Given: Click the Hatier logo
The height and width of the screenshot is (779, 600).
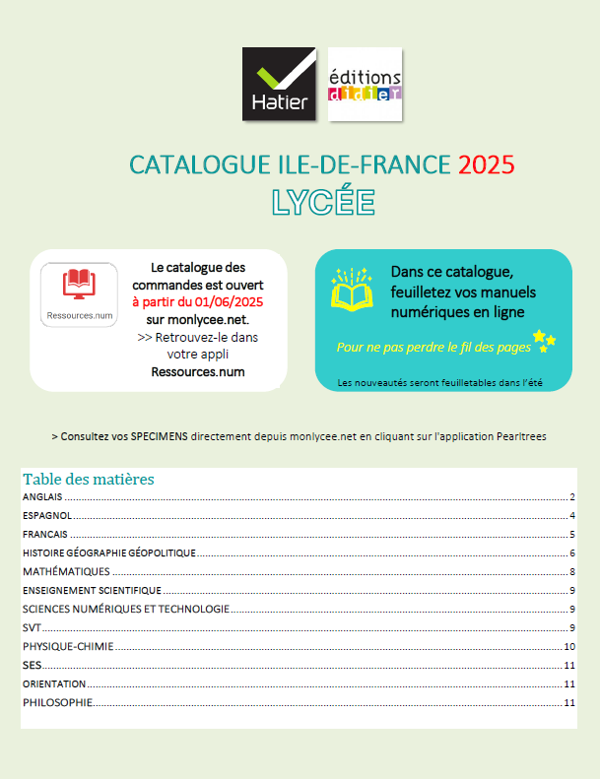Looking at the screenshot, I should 279,85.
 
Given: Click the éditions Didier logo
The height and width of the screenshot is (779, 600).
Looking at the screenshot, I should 365,85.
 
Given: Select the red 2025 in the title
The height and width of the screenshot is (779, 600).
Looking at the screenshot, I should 486,163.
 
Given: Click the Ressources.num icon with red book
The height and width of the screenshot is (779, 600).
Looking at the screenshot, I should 80,293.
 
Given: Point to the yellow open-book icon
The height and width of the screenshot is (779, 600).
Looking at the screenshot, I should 350,292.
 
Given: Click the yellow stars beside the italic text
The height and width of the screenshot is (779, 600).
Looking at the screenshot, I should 544,339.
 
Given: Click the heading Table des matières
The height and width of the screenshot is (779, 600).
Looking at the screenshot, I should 89,480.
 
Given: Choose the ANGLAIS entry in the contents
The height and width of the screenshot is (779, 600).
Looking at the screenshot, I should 43,497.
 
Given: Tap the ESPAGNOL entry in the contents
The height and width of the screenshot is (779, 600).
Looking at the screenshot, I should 44,516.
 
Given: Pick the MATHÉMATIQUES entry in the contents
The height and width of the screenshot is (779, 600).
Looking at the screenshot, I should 66,571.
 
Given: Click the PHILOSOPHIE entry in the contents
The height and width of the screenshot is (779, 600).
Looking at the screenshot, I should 57,702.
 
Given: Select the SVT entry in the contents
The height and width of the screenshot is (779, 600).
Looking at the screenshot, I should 32,627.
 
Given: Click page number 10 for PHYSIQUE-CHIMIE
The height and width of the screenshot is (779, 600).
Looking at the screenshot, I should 568,647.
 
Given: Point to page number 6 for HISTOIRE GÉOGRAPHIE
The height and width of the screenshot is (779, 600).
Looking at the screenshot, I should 571,552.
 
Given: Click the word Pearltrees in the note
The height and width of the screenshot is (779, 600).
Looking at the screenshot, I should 520,435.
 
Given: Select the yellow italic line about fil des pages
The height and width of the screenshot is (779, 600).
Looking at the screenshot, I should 433,347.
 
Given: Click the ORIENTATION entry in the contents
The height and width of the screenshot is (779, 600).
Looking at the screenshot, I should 54,683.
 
